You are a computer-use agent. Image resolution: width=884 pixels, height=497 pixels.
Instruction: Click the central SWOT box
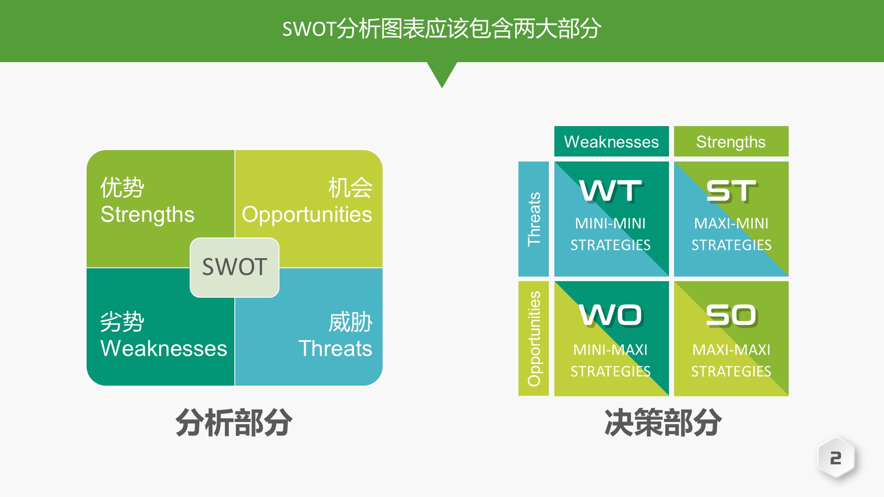point(234,267)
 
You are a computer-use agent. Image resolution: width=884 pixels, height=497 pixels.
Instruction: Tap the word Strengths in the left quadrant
point(147,214)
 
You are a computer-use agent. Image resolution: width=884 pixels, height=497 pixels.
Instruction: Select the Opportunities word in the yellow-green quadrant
point(307,214)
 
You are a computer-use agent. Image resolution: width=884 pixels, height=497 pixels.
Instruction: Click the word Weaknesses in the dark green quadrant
point(163,348)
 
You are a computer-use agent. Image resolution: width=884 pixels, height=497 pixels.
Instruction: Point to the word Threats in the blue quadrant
point(335,348)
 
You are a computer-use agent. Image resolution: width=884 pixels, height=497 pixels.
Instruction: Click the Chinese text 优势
point(122,187)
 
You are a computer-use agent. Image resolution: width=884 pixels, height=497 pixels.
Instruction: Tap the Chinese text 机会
point(350,187)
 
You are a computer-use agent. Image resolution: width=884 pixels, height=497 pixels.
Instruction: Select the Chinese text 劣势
point(122,322)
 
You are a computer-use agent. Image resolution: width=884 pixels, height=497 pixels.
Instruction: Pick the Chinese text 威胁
point(350,322)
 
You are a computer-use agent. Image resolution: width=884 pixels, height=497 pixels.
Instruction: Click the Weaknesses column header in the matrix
point(611,142)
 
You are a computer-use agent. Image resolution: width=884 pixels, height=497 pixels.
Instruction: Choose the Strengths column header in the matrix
point(731,142)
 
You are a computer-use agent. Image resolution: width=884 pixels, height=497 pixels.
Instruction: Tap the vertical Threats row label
point(534,219)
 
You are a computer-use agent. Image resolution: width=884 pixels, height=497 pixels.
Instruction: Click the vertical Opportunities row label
point(534,339)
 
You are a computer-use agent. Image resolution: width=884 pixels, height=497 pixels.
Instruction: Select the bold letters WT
point(611,191)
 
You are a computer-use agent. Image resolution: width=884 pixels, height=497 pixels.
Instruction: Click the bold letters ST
point(731,191)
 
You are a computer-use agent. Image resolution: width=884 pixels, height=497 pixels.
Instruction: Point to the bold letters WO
point(611,315)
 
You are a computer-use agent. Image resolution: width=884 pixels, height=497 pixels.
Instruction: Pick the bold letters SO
point(731,315)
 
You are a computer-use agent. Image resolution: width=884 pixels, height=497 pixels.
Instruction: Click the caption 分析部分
point(233,422)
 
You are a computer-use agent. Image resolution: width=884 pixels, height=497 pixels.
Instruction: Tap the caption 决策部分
point(663,422)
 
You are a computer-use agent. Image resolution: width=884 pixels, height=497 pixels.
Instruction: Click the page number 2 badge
point(836,458)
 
